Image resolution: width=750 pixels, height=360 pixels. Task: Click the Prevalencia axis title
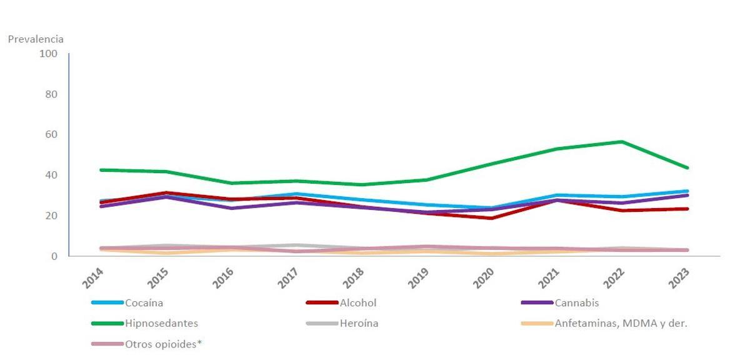36,39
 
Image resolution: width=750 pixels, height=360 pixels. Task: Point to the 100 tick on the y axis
48,54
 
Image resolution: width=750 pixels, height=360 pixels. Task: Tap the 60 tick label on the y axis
50,134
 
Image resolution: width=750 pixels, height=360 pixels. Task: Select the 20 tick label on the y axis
50,216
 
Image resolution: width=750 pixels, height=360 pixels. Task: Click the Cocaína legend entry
144,303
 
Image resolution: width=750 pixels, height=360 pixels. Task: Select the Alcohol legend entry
358,303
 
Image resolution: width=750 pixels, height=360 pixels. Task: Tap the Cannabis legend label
576,303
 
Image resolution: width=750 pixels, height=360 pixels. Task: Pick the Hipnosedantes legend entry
161,324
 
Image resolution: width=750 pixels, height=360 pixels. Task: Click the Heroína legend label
359,324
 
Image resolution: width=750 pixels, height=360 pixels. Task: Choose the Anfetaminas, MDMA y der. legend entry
621,324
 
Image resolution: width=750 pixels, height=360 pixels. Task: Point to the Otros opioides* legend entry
164,344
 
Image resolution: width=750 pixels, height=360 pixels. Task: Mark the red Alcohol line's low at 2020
492,218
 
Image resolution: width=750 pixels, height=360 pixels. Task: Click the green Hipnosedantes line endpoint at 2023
687,167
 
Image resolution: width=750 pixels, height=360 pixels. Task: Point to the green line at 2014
101,170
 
